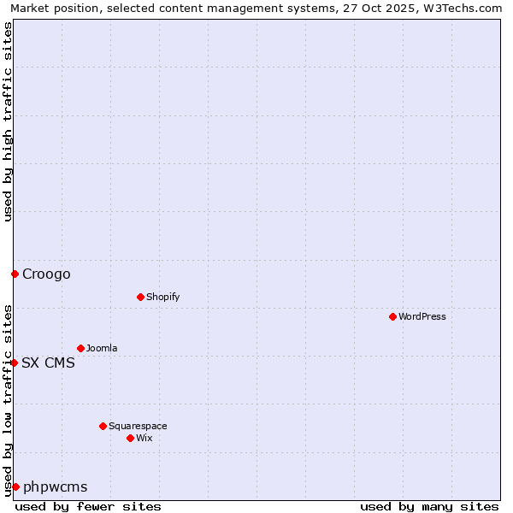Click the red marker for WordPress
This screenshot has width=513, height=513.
pyautogui.click(x=392, y=316)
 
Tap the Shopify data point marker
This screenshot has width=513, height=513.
pyautogui.click(x=140, y=297)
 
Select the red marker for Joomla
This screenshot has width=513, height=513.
pyautogui.click(x=80, y=348)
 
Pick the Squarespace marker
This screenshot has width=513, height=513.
pyautogui.click(x=103, y=426)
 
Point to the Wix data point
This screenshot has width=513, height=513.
pyautogui.click(x=130, y=438)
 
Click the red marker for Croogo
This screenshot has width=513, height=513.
pyautogui.click(x=15, y=274)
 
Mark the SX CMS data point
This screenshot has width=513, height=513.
pyautogui.click(x=14, y=363)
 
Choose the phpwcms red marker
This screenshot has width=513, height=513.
pyautogui.click(x=15, y=486)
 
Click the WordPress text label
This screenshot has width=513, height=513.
pyautogui.click(x=422, y=316)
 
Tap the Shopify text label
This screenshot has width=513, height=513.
pyautogui.click(x=162, y=297)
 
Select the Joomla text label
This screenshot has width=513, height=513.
pyautogui.click(x=102, y=348)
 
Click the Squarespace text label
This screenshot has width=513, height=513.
pyautogui.click(x=138, y=426)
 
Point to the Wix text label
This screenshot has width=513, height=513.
pyautogui.click(x=144, y=438)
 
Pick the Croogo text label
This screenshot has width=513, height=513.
pyautogui.click(x=46, y=274)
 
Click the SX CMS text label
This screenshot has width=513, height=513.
pyautogui.click(x=48, y=363)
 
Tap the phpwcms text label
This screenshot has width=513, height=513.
pyautogui.click(x=56, y=486)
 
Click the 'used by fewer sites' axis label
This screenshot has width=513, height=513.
pyautogui.click(x=88, y=506)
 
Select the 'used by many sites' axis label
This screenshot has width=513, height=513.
pyautogui.click(x=429, y=506)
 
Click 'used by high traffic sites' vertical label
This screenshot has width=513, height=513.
pyautogui.click(x=8, y=121)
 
